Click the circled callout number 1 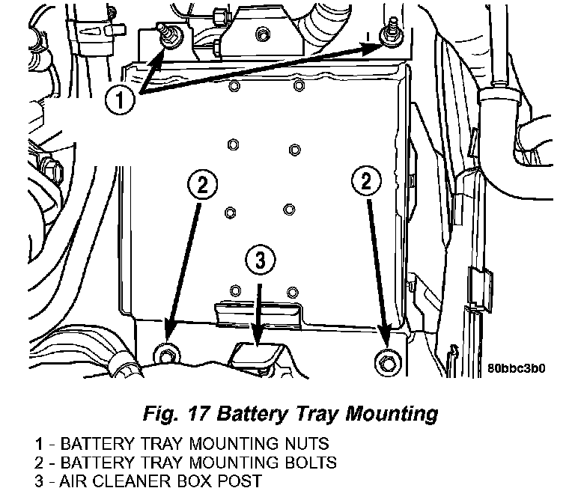tap(120, 100)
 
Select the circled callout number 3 tap(260, 260)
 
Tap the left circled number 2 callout tap(202, 184)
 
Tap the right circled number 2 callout tap(366, 181)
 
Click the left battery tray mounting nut tap(169, 35)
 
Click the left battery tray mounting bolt tap(167, 355)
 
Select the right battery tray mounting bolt tap(388, 362)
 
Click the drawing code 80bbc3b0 tap(516, 368)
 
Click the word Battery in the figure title tap(252, 414)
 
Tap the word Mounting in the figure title tap(392, 415)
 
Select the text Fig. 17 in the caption tap(176, 414)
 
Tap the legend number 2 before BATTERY tap(39, 463)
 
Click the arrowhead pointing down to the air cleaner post tap(258, 335)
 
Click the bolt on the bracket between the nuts tap(263, 35)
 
